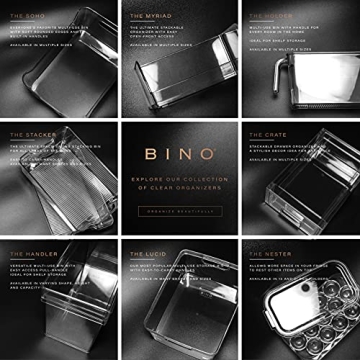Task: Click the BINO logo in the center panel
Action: coord(179,155)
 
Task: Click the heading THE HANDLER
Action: coord(32,254)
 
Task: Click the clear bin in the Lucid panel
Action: coord(180,320)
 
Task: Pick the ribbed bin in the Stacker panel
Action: coord(60,195)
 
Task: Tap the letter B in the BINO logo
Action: coord(149,155)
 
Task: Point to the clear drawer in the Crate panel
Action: coord(300,200)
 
